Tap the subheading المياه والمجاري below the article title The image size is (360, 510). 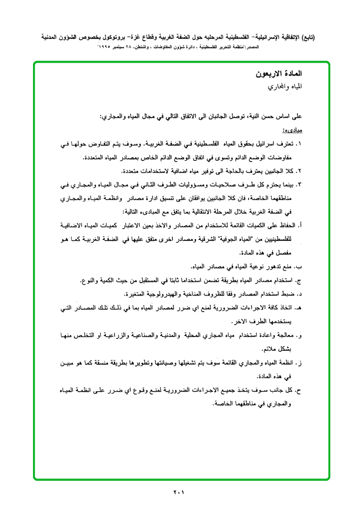point(285,87)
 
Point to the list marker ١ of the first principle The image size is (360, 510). point(300,143)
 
